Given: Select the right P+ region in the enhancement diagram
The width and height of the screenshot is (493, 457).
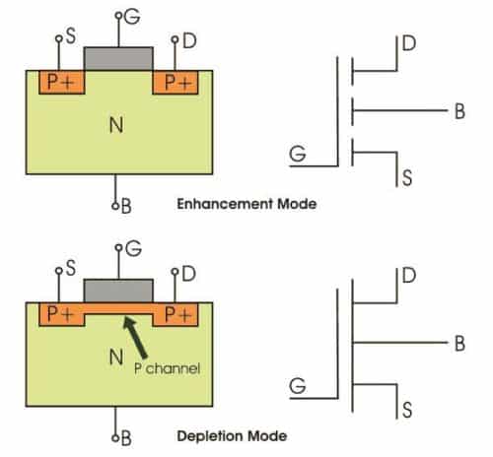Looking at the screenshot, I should (x=177, y=83).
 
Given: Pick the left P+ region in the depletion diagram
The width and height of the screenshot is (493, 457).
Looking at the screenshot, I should (x=55, y=315).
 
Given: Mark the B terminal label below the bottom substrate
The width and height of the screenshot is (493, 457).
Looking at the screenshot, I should (x=125, y=436).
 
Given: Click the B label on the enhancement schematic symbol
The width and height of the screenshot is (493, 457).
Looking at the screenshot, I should (x=458, y=112).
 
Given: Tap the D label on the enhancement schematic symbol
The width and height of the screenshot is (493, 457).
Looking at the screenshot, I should (x=407, y=43).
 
